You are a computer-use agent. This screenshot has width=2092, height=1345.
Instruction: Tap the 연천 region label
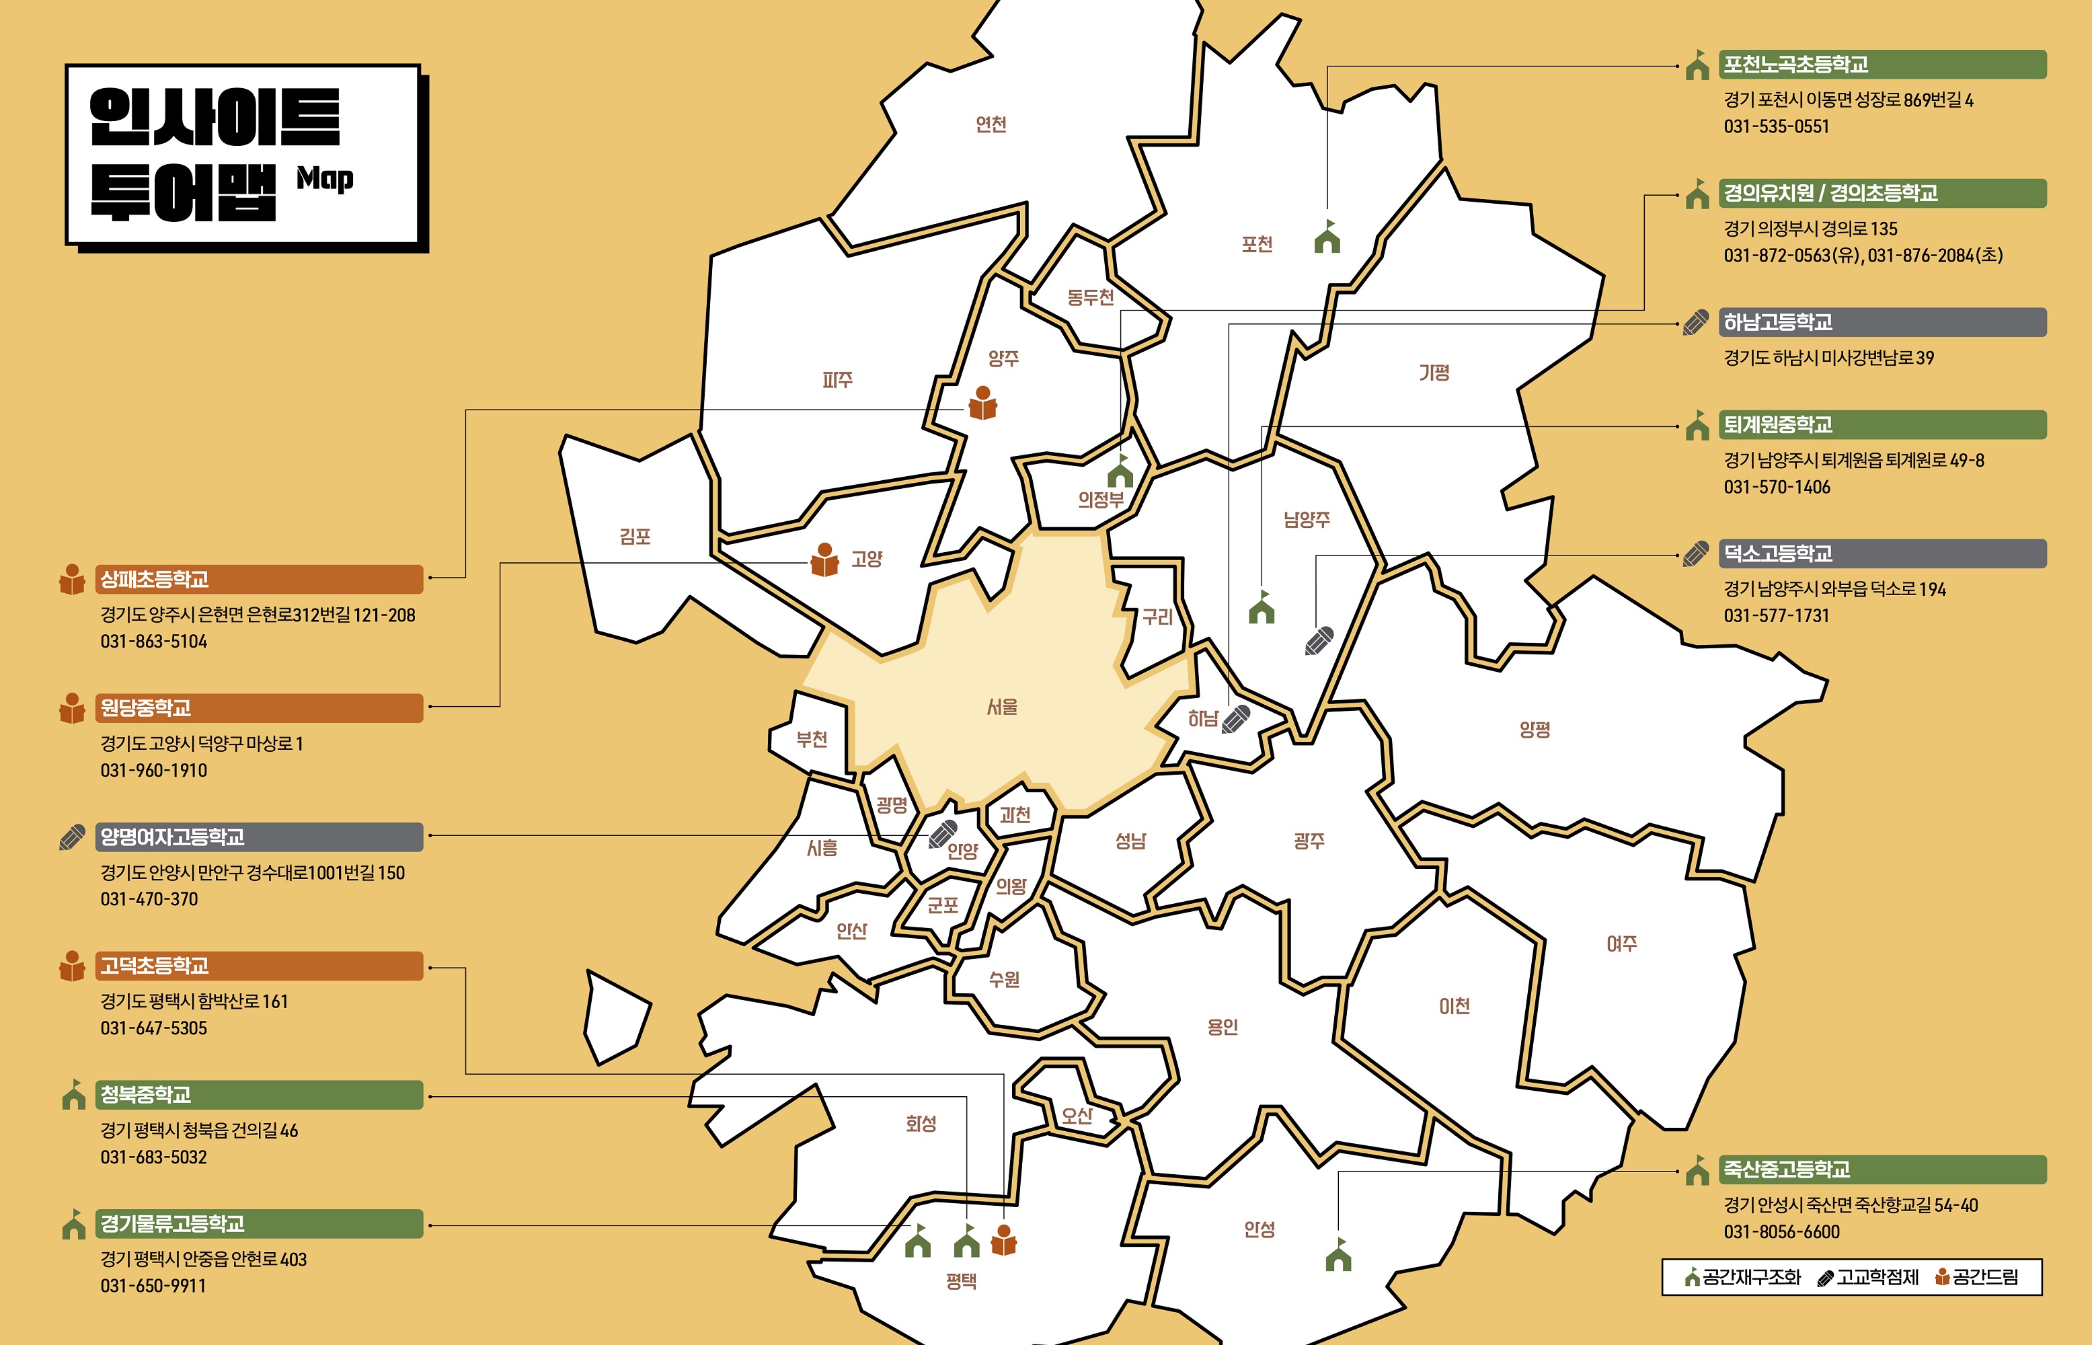[x=991, y=124]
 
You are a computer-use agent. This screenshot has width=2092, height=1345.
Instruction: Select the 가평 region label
[x=1434, y=373]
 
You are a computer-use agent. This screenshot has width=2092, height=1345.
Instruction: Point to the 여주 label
[x=1621, y=944]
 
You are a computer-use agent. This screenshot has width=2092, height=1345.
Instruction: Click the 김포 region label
[x=635, y=536]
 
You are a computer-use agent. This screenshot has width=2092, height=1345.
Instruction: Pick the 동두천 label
[x=1091, y=298]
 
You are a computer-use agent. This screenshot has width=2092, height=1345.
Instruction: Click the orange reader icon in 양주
[x=983, y=403]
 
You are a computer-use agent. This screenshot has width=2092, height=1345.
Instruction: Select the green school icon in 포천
[x=1327, y=237]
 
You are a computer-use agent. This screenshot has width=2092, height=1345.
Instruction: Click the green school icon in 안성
[x=1338, y=1255]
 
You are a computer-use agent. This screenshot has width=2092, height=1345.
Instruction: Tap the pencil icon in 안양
[x=943, y=833]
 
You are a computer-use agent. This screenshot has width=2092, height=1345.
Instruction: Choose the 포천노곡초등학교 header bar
[x=1882, y=65]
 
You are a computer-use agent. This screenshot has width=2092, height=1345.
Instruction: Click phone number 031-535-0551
[x=1776, y=126]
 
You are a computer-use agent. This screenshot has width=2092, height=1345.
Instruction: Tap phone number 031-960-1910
[x=154, y=770]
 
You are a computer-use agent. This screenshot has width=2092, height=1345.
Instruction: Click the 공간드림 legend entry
[x=1978, y=1278]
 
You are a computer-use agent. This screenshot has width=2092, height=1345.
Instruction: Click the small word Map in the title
[x=325, y=178]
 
